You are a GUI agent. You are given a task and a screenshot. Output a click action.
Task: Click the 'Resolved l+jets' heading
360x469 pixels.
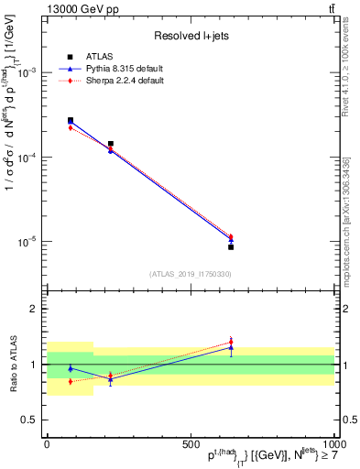click(191, 36)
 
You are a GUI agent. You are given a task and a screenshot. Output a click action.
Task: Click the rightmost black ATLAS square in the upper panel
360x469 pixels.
click(231, 247)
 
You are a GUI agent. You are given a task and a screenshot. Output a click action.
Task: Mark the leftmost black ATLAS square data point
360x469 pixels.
click(71, 120)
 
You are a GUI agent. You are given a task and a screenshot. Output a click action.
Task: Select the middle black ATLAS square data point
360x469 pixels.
click(111, 144)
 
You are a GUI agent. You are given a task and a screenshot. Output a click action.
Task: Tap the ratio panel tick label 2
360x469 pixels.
click(36, 310)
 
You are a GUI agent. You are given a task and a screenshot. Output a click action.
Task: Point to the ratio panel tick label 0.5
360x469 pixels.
click(32, 420)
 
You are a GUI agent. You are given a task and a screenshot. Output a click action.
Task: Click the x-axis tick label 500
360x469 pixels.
click(191, 443)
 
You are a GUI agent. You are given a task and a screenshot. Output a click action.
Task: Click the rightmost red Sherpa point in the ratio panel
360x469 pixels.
click(231, 343)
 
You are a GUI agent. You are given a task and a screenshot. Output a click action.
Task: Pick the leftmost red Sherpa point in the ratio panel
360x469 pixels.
click(71, 381)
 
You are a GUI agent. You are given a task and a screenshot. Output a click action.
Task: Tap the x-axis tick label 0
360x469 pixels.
click(47, 443)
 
